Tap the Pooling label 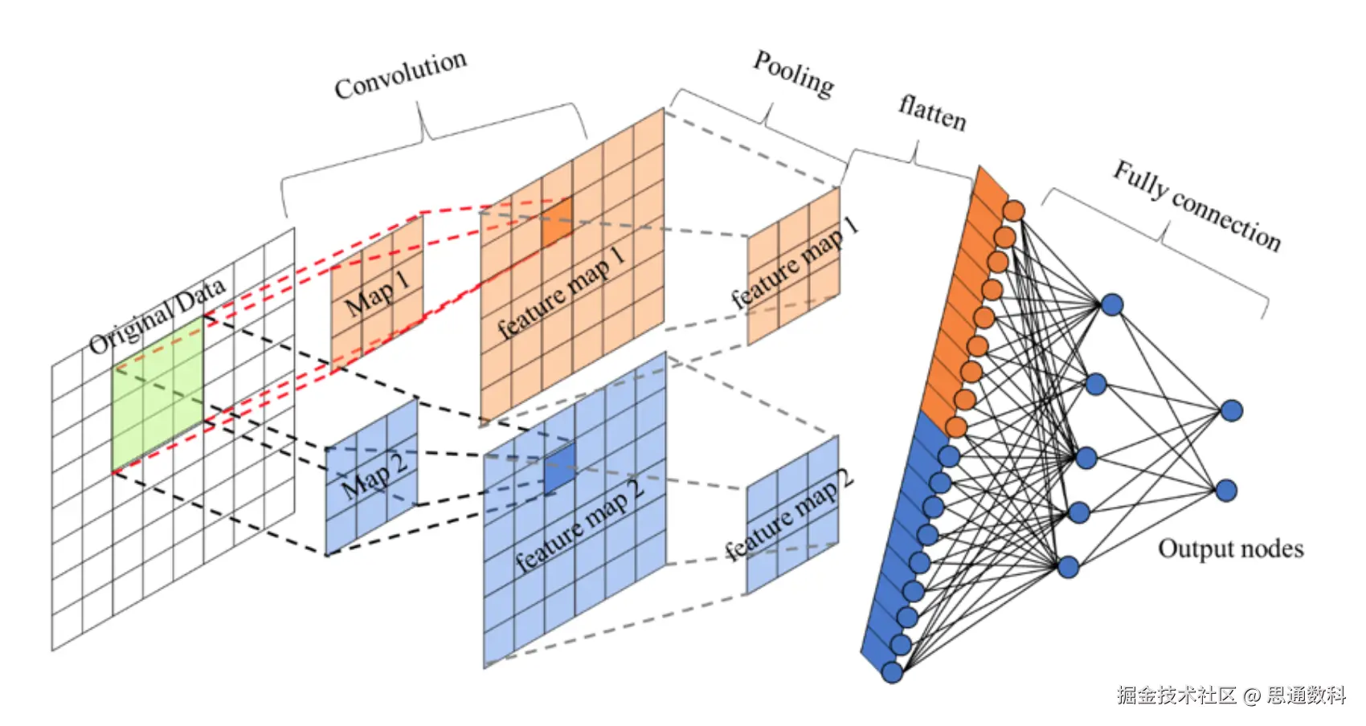point(793,74)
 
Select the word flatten point(932,112)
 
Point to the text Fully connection point(1196,206)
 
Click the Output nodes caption point(1230,549)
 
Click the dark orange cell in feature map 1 point(557,222)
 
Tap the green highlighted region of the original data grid point(157,394)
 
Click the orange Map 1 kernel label point(377,294)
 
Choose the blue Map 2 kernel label point(374,474)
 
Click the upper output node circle point(1231,411)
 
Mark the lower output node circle point(1226,490)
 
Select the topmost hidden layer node point(1112,305)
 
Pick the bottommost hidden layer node point(1068,568)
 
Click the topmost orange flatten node point(1014,211)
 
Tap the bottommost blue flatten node point(892,672)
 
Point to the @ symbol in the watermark point(1251,695)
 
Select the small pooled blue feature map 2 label point(788,514)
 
